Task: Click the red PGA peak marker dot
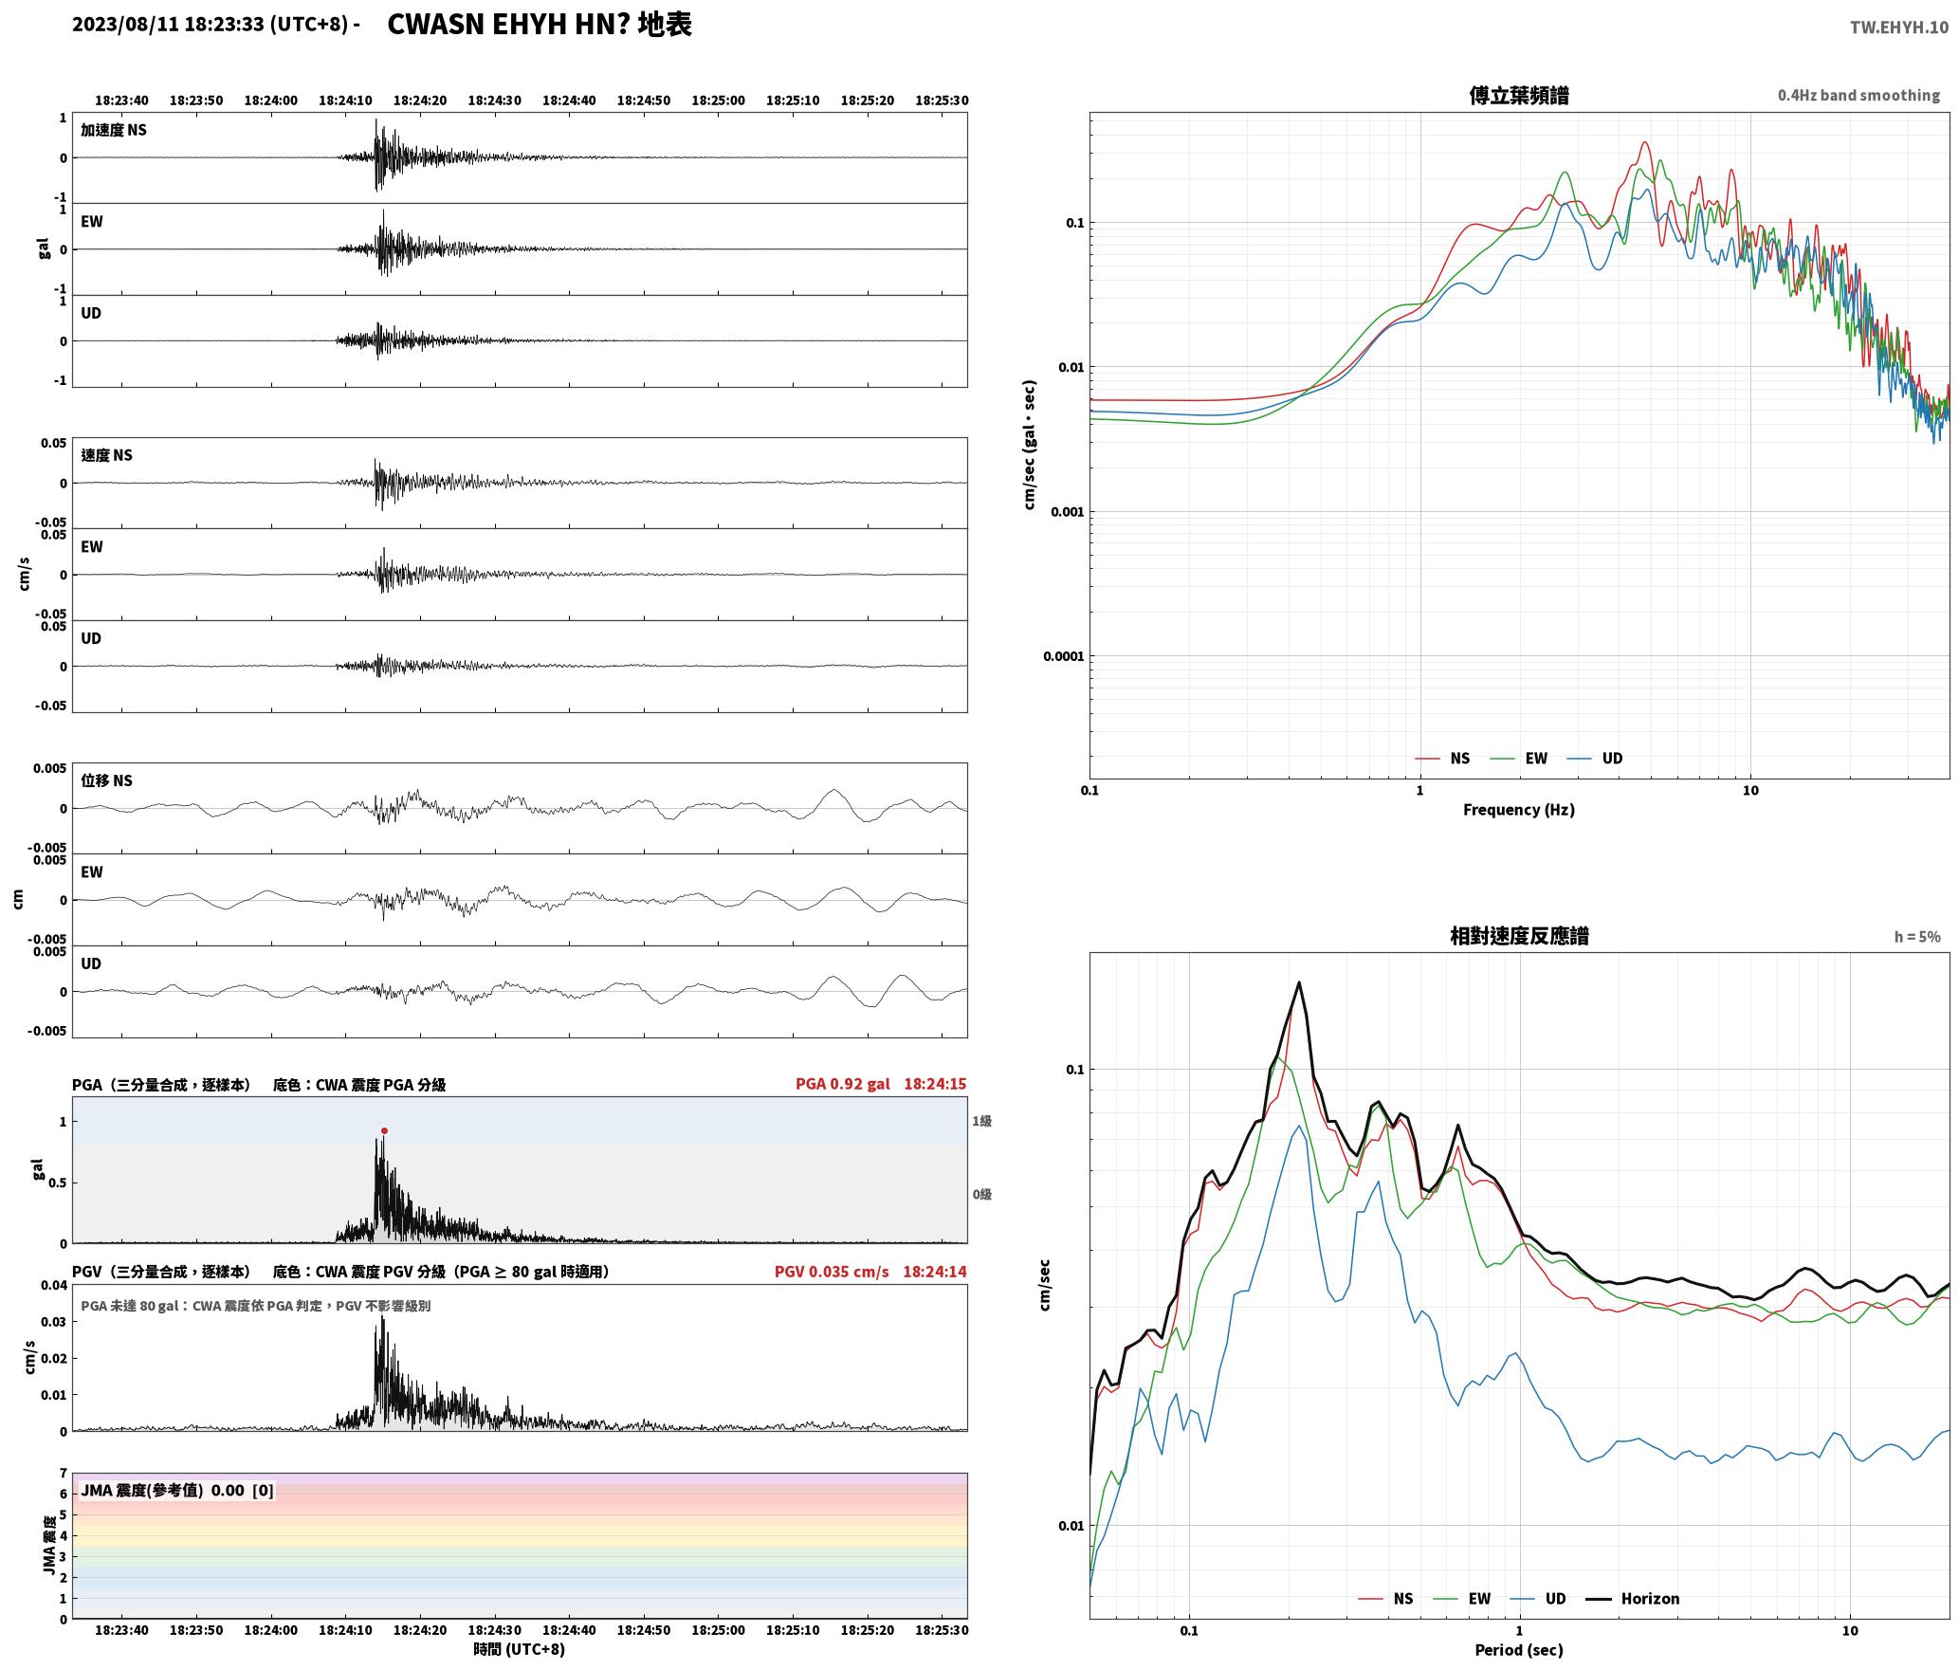tap(384, 1130)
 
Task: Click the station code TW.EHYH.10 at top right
tap(1899, 27)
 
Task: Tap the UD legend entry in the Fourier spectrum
tap(1595, 758)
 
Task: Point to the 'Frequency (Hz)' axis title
tap(1518, 809)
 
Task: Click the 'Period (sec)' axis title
tap(1518, 1649)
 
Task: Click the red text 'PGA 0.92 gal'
tap(842, 1083)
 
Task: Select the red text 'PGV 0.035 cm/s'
tap(832, 1271)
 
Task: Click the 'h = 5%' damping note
tap(1917, 936)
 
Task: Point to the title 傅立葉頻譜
tap(1518, 95)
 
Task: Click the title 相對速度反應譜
tap(1519, 935)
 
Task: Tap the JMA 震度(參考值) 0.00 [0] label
tap(177, 1490)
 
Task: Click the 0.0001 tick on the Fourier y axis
tap(1063, 656)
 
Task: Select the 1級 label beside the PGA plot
tap(981, 1121)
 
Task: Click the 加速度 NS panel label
tap(114, 130)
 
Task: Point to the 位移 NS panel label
tap(106, 780)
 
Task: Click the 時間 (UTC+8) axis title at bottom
tap(520, 1649)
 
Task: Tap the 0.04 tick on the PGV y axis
tap(55, 1285)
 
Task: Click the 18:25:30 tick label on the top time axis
tap(942, 101)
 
